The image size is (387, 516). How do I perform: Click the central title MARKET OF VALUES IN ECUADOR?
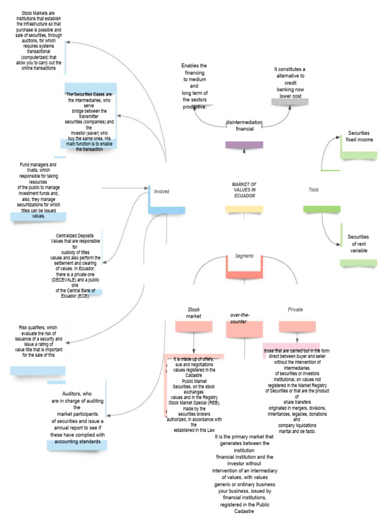pyautogui.click(x=244, y=190)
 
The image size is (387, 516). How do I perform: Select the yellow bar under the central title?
pyautogui.click(x=244, y=209)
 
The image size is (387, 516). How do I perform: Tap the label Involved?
pyautogui.click(x=161, y=191)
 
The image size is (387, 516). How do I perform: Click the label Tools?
pyautogui.click(x=313, y=190)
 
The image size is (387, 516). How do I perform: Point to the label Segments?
pyautogui.click(x=244, y=256)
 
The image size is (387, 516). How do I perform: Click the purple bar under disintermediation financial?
pyautogui.click(x=244, y=145)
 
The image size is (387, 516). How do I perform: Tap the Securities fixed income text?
pyautogui.click(x=359, y=136)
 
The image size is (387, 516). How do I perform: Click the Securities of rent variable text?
pyautogui.click(x=358, y=243)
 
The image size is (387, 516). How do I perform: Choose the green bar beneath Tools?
pyautogui.click(x=322, y=209)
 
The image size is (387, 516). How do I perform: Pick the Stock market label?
pyautogui.click(x=194, y=312)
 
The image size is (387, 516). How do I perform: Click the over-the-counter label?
pyautogui.click(x=240, y=318)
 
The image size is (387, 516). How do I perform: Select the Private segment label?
pyautogui.click(x=295, y=309)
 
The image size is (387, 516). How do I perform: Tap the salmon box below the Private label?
pyautogui.click(x=297, y=327)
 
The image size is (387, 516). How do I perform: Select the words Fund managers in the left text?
pyautogui.click(x=31, y=165)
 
